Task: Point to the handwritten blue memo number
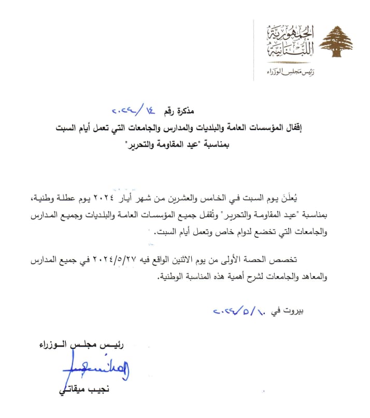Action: [x=132, y=110]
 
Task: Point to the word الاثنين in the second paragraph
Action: [x=214, y=259]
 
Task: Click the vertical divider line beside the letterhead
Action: [x=253, y=50]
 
